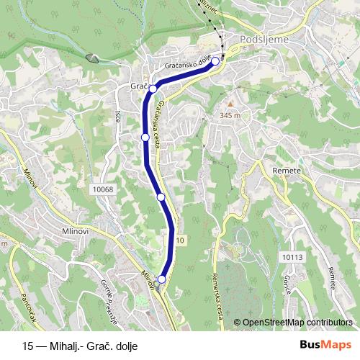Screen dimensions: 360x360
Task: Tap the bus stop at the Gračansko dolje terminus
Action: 215,61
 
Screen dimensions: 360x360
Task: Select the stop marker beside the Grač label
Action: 153,88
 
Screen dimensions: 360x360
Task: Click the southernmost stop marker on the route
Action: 162,279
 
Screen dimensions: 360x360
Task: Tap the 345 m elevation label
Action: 230,115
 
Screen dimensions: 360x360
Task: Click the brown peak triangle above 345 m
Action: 230,104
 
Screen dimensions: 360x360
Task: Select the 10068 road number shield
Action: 103,189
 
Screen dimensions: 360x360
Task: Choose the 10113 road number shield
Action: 292,256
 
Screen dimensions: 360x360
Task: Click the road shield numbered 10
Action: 179,240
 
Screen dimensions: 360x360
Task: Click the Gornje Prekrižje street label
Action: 109,292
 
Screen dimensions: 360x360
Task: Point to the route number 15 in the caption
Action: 28,345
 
